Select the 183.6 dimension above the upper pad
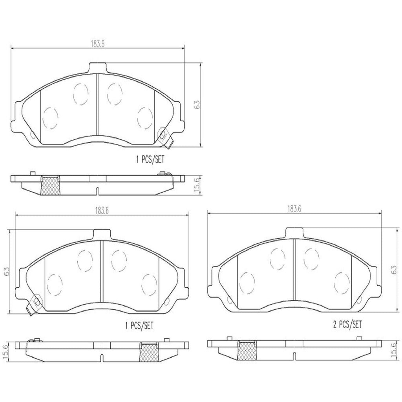97,44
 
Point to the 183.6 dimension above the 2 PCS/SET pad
294,209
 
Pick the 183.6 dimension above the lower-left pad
101,210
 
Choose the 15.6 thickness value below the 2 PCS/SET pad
393,348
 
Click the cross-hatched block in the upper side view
50,185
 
